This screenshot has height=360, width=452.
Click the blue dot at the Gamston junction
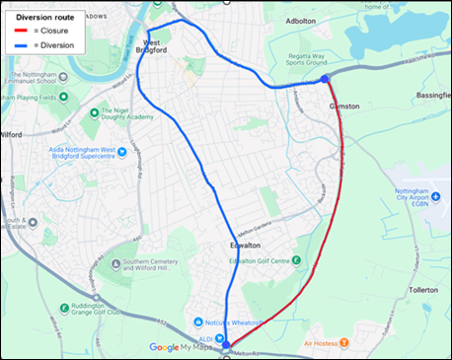point(326,79)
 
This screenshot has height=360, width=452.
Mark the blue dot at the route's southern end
point(226,344)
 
